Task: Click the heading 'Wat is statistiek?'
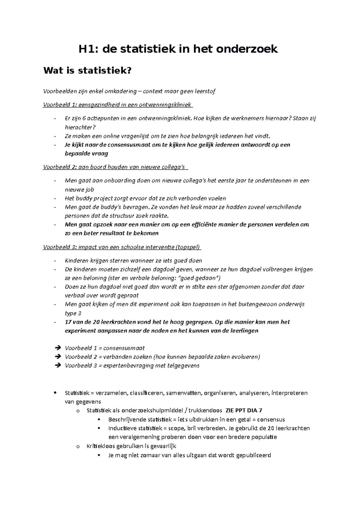(88, 71)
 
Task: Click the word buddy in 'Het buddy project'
(82, 198)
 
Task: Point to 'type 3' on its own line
(73, 313)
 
